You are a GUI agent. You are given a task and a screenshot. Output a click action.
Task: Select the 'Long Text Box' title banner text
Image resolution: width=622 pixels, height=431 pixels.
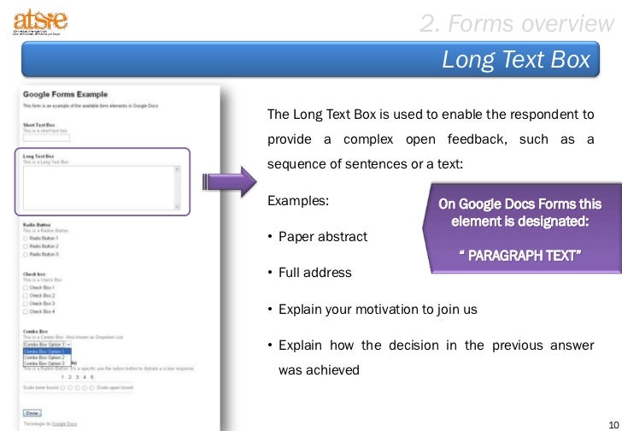516,60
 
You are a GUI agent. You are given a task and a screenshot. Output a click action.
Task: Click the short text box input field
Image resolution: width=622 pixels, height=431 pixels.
46,137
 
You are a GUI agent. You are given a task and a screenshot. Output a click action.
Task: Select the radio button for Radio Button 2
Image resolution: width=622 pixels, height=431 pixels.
26,246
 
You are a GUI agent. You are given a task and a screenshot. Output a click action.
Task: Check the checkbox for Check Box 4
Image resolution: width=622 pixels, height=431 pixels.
26,311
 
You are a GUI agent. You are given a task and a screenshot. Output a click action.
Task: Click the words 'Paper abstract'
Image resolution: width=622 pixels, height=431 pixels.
322,236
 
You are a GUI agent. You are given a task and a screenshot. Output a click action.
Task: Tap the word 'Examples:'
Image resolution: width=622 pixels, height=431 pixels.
298,203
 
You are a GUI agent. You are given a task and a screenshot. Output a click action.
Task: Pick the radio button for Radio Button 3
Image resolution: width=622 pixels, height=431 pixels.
26,254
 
